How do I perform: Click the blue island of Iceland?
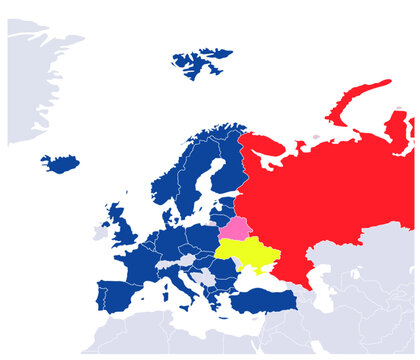(61, 163)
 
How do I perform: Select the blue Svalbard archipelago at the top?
(200, 64)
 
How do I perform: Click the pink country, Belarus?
(236, 229)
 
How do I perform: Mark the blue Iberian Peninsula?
(120, 296)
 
